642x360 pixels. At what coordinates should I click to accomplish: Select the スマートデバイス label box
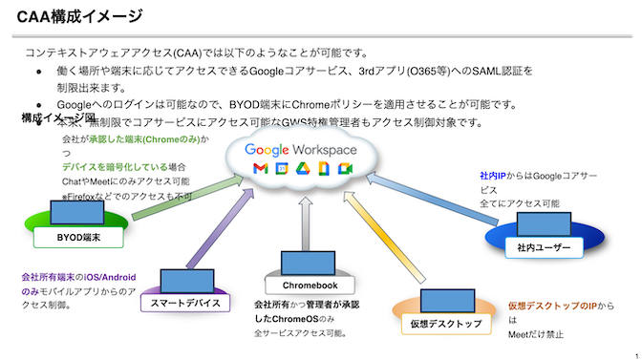(186, 303)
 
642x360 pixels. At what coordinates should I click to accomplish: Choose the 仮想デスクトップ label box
(446, 324)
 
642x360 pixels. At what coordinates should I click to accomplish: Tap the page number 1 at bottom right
(634, 352)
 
